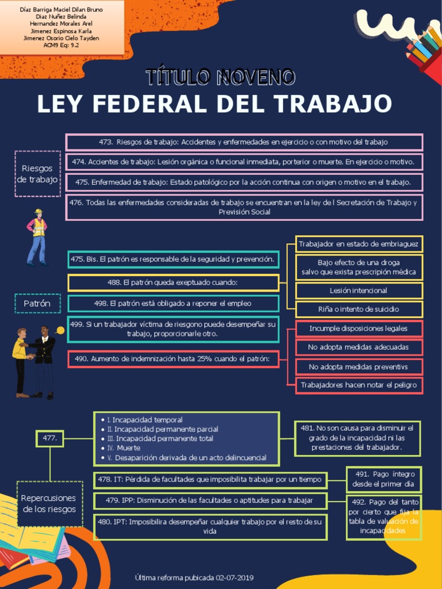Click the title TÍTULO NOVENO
coord(220,77)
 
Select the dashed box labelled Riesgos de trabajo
coord(37,174)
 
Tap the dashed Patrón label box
coord(37,303)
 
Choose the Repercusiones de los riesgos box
coord(49,503)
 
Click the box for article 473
coord(244,142)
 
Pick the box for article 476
coord(244,207)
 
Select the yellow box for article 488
coord(173,282)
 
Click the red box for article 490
coord(173,359)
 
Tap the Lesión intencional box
coord(359,290)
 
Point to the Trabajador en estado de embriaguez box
coord(359,244)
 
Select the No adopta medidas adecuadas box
coord(359,347)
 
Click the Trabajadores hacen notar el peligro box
coord(359,385)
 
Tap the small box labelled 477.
coord(49,438)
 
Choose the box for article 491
coord(384,479)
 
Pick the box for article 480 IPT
coord(210,527)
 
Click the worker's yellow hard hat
coord(39,212)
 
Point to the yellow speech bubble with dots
coord(60,330)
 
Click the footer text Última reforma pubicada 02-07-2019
coord(194,577)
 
